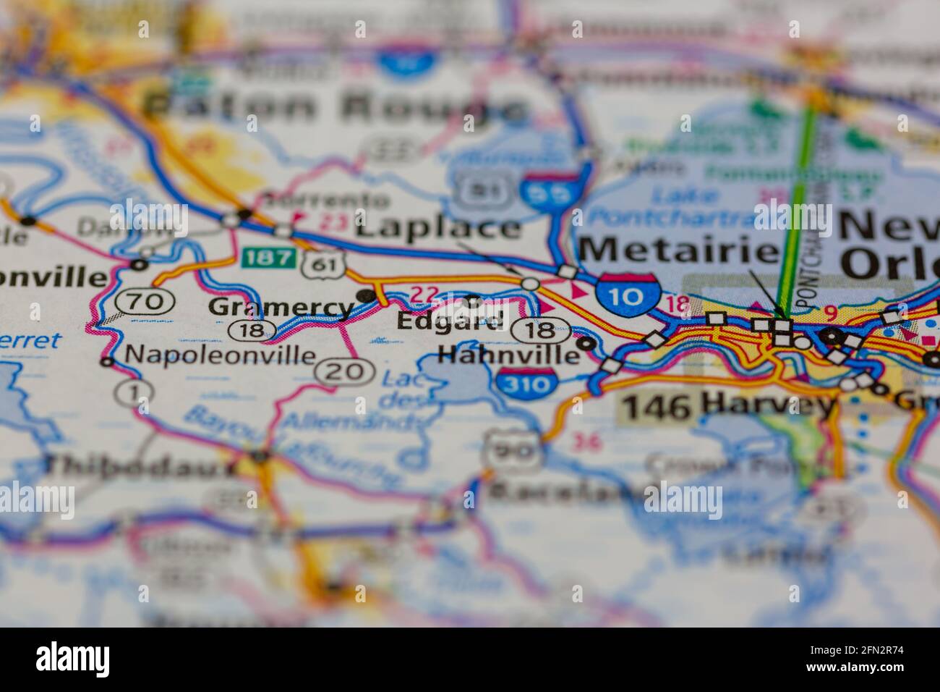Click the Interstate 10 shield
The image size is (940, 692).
click(628, 295)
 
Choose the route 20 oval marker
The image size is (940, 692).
click(344, 372)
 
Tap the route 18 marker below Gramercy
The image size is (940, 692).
click(250, 331)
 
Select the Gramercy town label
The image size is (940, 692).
click(280, 308)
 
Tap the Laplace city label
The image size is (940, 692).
click(439, 229)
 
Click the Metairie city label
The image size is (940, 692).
click(677, 251)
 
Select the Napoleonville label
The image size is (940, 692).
click(220, 355)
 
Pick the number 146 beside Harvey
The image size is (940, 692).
click(657, 407)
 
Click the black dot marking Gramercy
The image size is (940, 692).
click(367, 295)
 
